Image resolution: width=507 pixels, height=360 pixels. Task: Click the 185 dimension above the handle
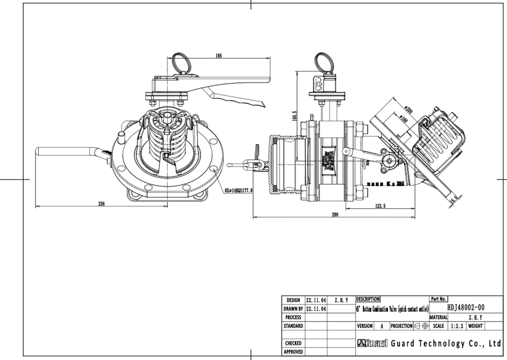219,56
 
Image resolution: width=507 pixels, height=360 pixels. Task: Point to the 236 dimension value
101,204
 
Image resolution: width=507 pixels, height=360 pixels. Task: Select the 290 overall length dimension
335,215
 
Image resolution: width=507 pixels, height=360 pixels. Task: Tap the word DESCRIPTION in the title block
368,299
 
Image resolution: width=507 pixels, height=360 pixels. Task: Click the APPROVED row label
293,352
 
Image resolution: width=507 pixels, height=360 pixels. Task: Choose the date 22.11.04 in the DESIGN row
316,299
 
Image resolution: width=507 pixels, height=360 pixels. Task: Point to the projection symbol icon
422,326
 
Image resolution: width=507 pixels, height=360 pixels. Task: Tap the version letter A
381,326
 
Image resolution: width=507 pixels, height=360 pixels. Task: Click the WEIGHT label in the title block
475,326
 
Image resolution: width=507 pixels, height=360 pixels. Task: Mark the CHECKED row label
293,343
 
